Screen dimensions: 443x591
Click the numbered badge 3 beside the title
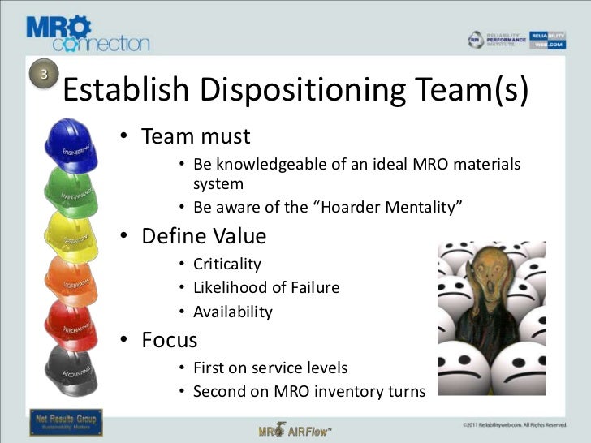click(x=45, y=74)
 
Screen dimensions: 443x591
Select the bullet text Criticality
click(x=227, y=264)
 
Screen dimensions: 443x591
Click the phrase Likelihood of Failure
click(x=266, y=287)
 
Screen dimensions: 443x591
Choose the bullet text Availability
click(x=232, y=312)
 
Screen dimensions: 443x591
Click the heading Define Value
click(x=204, y=236)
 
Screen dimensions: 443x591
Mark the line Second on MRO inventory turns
click(x=308, y=391)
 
